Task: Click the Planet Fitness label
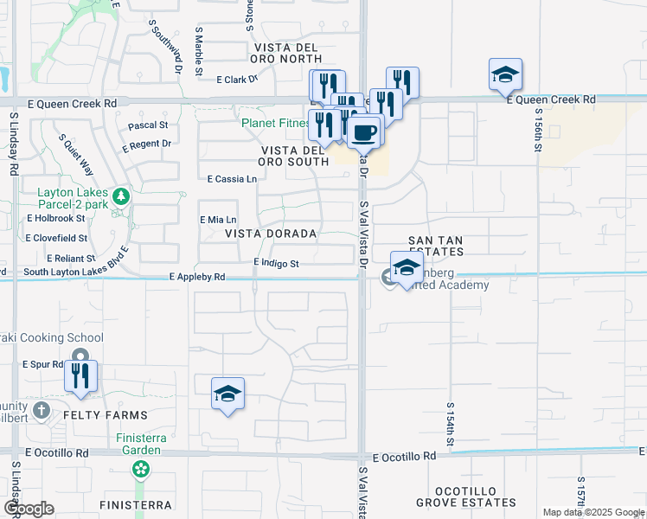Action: (x=274, y=123)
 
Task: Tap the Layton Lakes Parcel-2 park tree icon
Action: (x=123, y=196)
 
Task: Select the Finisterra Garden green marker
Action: (x=140, y=469)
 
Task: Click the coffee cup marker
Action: (x=364, y=131)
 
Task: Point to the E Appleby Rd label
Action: (x=197, y=278)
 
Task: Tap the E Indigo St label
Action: (x=276, y=263)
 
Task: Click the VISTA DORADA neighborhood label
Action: (x=271, y=234)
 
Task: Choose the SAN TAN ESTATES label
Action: (x=437, y=246)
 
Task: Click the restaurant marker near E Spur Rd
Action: (x=81, y=376)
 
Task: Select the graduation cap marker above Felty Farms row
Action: (x=227, y=394)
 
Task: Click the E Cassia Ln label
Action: (x=233, y=179)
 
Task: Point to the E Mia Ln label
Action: (x=218, y=220)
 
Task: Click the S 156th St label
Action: (x=537, y=130)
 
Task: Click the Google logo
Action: (x=29, y=509)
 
